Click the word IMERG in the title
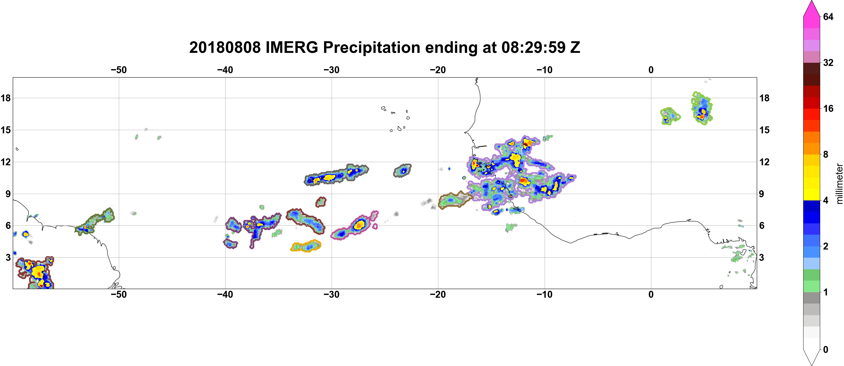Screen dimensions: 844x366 point(292,47)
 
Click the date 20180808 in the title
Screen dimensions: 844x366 point(225,47)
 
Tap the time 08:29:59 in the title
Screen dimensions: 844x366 point(533,47)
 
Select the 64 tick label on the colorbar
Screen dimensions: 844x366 point(828,17)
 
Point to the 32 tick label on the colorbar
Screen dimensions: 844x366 point(828,62)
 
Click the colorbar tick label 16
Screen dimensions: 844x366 point(828,108)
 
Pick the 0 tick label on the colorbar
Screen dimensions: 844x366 point(826,350)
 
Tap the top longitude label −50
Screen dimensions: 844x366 point(119,70)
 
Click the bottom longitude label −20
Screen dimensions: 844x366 point(438,295)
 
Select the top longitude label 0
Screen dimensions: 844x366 point(651,70)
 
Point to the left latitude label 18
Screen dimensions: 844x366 point(6,98)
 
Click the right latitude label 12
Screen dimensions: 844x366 point(764,162)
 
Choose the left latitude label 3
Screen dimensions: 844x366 point(8,257)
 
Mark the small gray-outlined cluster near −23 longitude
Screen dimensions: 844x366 point(402,171)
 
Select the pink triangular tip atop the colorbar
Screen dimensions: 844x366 point(811,8)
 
